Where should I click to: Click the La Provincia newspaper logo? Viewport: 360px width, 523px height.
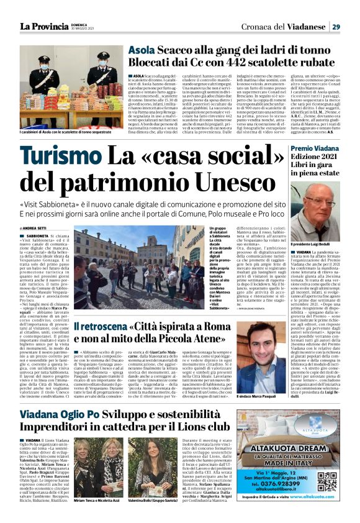click(44, 26)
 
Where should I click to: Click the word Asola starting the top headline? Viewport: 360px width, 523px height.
click(142, 52)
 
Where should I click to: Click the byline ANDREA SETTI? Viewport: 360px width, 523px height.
click(35, 229)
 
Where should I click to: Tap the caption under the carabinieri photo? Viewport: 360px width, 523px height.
click(70, 133)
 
